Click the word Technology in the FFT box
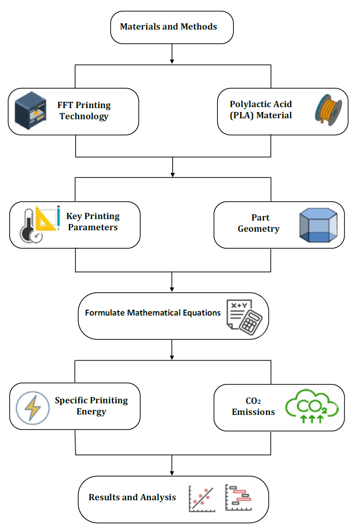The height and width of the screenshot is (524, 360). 84,116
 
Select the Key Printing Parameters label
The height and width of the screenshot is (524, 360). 93,222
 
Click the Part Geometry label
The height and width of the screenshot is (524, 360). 259,223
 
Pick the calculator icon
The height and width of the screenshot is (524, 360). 245,316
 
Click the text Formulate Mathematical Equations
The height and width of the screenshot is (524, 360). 153,313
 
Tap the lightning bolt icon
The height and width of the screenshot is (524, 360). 33,407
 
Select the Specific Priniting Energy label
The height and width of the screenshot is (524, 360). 91,406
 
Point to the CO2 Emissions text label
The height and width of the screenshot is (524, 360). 253,406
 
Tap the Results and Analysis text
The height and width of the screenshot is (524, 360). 132,497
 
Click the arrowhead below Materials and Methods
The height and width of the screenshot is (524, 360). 172,61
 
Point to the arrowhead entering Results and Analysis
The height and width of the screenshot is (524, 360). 172,472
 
